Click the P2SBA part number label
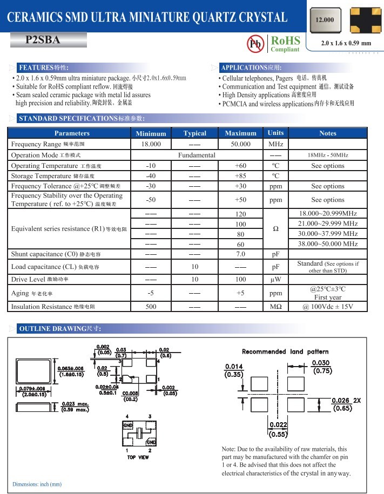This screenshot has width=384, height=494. (x=43, y=40)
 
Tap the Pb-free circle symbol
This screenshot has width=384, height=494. (x=255, y=44)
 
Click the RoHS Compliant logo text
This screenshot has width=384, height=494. (x=285, y=43)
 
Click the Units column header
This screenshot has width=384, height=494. (x=275, y=133)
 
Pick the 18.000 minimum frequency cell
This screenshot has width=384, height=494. (x=151, y=144)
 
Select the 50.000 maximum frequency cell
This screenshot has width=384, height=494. (x=240, y=144)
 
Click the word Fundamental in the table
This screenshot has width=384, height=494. (x=197, y=155)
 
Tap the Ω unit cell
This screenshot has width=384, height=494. (x=275, y=229)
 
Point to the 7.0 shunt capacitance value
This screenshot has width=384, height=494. (x=240, y=254)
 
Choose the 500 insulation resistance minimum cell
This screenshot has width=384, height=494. (x=151, y=307)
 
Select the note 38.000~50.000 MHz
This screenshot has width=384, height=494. (x=328, y=244)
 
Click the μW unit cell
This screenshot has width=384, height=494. (x=275, y=280)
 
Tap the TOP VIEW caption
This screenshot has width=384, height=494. (x=138, y=457)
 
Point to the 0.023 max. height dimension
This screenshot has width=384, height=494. (x=75, y=406)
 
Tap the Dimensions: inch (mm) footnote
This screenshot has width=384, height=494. (x=37, y=484)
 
